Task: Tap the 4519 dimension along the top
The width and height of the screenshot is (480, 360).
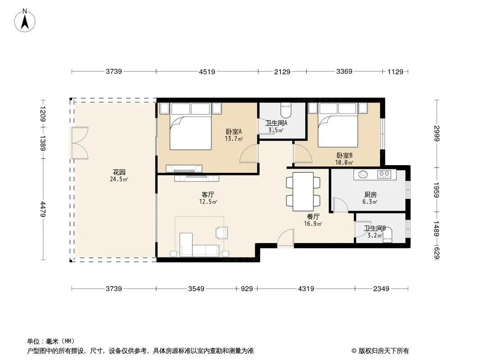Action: click(x=207, y=72)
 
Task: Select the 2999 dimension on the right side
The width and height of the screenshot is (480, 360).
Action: click(x=437, y=134)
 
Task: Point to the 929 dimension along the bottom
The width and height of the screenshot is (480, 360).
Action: click(x=247, y=289)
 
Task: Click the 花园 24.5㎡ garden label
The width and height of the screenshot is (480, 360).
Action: click(x=119, y=175)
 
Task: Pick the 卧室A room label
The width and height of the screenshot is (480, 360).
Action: click(x=234, y=131)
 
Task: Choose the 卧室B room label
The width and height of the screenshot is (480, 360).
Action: click(x=344, y=155)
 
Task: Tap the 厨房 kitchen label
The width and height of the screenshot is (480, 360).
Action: click(x=371, y=194)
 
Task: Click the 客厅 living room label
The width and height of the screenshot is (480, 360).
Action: click(x=208, y=194)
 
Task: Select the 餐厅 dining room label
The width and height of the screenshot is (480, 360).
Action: click(x=313, y=216)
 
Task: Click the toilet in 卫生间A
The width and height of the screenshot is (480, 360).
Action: click(x=286, y=110)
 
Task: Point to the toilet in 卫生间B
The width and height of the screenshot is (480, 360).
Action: click(x=388, y=235)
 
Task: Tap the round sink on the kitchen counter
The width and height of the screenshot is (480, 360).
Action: click(x=363, y=174)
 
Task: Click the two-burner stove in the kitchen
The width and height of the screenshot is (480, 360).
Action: click(x=385, y=174)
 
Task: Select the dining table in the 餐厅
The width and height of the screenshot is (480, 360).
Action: click(x=303, y=192)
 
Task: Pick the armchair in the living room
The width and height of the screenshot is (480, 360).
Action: click(x=222, y=233)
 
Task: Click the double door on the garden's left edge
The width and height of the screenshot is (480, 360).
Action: click(x=80, y=143)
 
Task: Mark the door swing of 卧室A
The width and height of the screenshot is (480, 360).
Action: click(x=249, y=153)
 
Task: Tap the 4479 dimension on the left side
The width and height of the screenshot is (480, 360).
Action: click(x=43, y=209)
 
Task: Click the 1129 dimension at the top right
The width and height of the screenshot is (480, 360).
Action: click(x=395, y=72)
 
